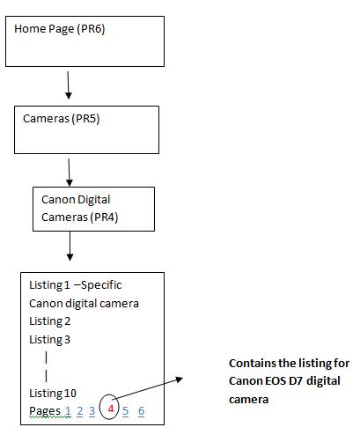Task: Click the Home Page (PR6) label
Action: pyautogui.click(x=60, y=29)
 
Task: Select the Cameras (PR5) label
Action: pyautogui.click(x=62, y=119)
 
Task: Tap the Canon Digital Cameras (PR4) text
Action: pyautogui.click(x=80, y=209)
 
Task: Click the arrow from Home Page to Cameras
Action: pyautogui.click(x=68, y=85)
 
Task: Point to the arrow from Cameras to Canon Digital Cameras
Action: pyautogui.click(x=69, y=173)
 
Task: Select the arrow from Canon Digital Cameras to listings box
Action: pyautogui.click(x=70, y=246)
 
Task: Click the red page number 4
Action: pyautogui.click(x=111, y=409)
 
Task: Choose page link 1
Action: pyautogui.click(x=68, y=411)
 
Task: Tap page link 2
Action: pyautogui.click(x=80, y=411)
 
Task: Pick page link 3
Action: pyautogui.click(x=92, y=411)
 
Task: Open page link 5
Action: pyautogui.click(x=125, y=411)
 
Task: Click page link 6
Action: pyautogui.click(x=142, y=411)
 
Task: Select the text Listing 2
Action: pyautogui.click(x=50, y=321)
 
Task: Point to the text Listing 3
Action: pyautogui.click(x=50, y=340)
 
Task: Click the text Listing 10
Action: pyautogui.click(x=53, y=394)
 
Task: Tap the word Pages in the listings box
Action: pyautogui.click(x=45, y=411)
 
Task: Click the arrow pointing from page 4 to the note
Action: pyautogui.click(x=148, y=388)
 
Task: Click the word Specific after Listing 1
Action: pyautogui.click(x=101, y=285)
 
